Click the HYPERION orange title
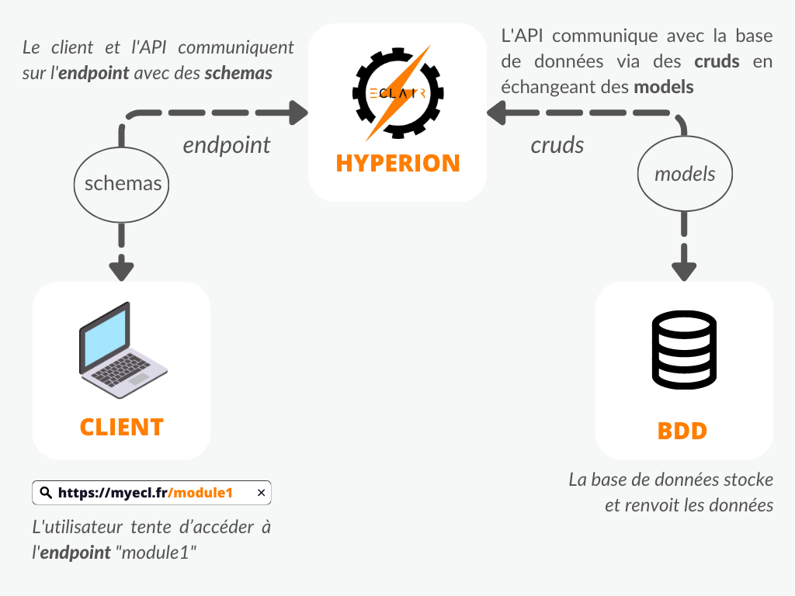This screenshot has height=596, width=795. click(x=397, y=163)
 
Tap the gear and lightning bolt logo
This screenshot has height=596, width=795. click(x=397, y=92)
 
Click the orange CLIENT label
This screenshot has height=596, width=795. click(x=122, y=427)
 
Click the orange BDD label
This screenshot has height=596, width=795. click(x=682, y=430)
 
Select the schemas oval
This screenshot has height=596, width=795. click(x=123, y=183)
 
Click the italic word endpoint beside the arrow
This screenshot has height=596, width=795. click(x=227, y=145)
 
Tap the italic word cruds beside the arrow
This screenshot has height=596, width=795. click(x=557, y=145)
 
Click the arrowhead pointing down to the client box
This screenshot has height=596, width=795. click(x=122, y=269)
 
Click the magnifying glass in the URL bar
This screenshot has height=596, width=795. click(x=45, y=493)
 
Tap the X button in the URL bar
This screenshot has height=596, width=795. click(x=261, y=493)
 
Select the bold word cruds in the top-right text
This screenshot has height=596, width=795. click(x=717, y=61)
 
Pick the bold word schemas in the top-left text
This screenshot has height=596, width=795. click(x=238, y=73)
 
